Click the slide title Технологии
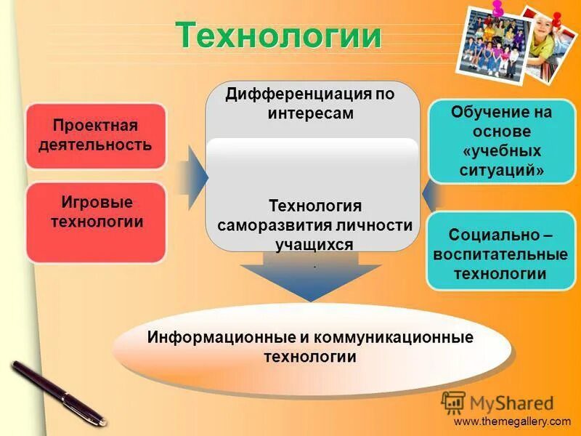pos(278,35)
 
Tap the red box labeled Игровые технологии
pos(96,222)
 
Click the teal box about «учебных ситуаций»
pos(501,142)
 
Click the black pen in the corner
pos(58,392)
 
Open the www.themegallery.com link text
pos(512,421)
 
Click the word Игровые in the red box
pos(97,203)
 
